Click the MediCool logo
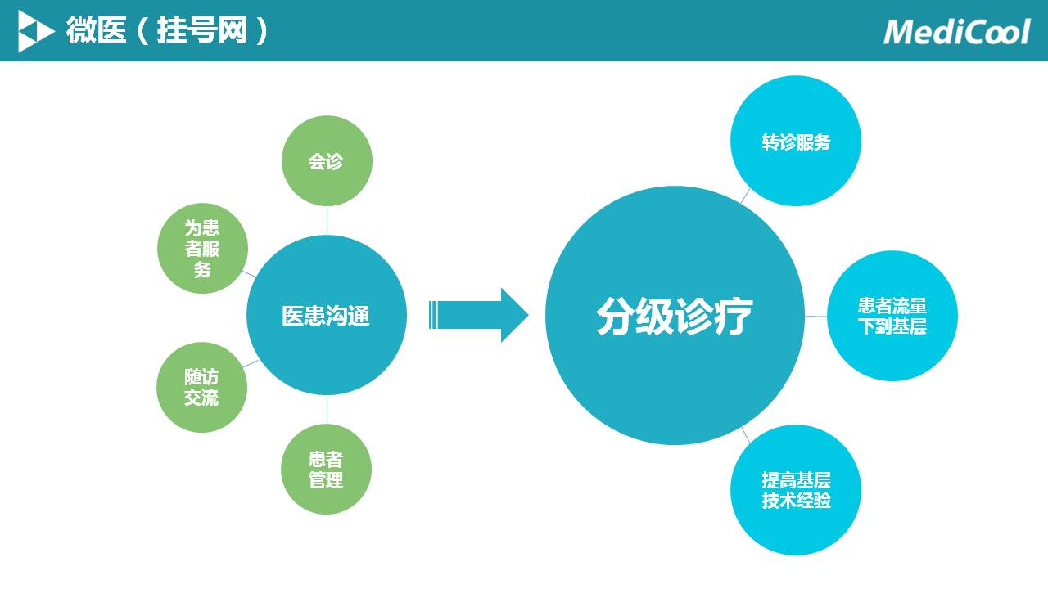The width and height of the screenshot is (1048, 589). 956,31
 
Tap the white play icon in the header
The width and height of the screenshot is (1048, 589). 35,31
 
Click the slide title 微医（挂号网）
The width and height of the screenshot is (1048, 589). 168,31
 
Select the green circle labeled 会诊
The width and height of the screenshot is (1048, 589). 327,161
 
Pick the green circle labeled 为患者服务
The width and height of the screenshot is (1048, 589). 202,248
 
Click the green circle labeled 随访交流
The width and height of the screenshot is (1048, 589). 201,388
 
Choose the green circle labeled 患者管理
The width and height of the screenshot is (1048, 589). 326,470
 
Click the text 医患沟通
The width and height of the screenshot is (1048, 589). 326,316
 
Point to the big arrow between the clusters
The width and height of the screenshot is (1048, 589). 479,315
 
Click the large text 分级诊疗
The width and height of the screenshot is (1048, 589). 675,316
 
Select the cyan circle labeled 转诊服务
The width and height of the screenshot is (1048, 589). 796,142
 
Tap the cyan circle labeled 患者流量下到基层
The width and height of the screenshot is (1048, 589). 892,316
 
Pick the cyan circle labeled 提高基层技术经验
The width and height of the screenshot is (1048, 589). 796,490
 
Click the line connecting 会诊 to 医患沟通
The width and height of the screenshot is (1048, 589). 327,220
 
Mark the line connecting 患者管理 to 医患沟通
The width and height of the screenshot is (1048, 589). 327,410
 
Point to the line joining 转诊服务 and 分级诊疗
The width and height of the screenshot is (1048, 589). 745,196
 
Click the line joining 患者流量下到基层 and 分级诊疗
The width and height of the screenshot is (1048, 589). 815,316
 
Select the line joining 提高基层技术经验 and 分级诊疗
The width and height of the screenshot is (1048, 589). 746,435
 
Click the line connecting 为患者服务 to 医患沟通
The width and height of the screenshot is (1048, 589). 251,273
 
